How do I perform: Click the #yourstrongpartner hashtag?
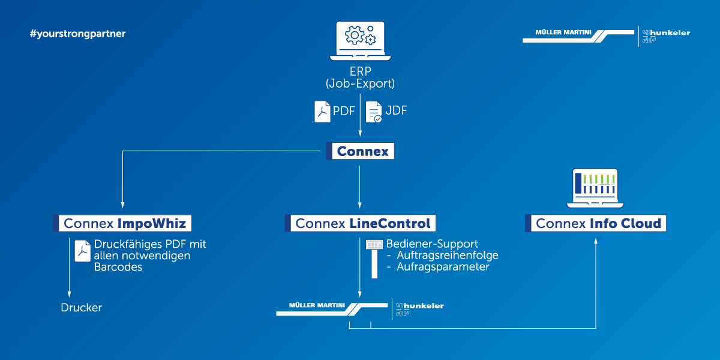pos(77,34)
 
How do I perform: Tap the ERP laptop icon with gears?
pos(360,41)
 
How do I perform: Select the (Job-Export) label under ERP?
pos(360,83)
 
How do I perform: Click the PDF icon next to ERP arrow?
pos(323,112)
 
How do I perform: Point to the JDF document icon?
pos(374,112)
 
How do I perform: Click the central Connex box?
pos(360,151)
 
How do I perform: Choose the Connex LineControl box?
pos(360,224)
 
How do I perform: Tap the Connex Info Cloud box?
pos(596,224)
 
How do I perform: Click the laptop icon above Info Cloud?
pos(596,188)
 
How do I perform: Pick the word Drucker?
pos(82,308)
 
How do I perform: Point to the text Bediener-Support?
pos(432,244)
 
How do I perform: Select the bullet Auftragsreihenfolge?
pos(447,255)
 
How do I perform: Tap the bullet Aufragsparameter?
pos(443,266)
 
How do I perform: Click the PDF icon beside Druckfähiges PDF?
pos(82,250)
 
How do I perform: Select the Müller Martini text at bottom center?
pos(317,305)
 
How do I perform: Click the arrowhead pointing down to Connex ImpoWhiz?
pos(122,205)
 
